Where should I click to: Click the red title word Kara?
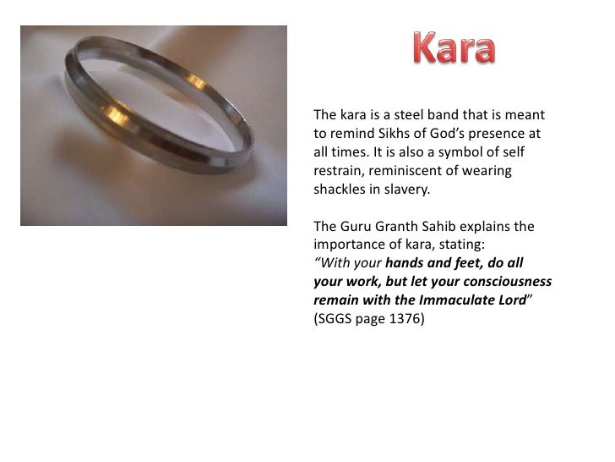(454, 49)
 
